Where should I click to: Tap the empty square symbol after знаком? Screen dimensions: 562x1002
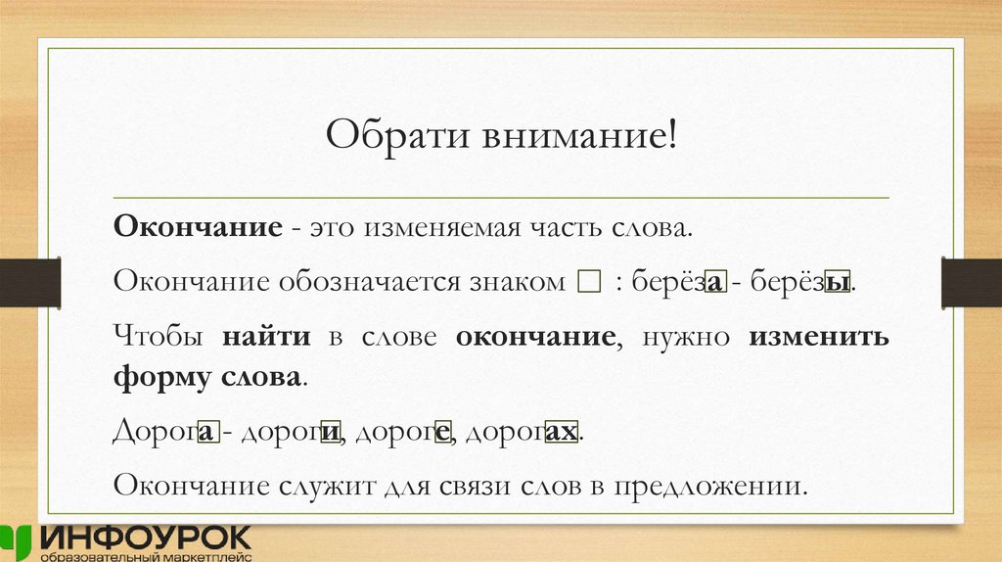coord(588,284)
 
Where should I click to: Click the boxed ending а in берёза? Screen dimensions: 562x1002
coord(715,284)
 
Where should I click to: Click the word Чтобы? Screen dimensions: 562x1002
coord(159,338)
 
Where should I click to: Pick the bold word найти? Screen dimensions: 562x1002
coord(266,338)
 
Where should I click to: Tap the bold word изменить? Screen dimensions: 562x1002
coord(819,338)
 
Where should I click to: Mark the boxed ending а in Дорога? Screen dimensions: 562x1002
coord(207,432)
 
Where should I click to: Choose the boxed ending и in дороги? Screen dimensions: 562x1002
coord(332,432)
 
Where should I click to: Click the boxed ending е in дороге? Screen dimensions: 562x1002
coord(442,432)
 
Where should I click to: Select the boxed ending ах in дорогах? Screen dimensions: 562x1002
coord(561,432)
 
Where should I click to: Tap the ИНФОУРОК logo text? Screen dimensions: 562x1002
coord(147,537)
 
